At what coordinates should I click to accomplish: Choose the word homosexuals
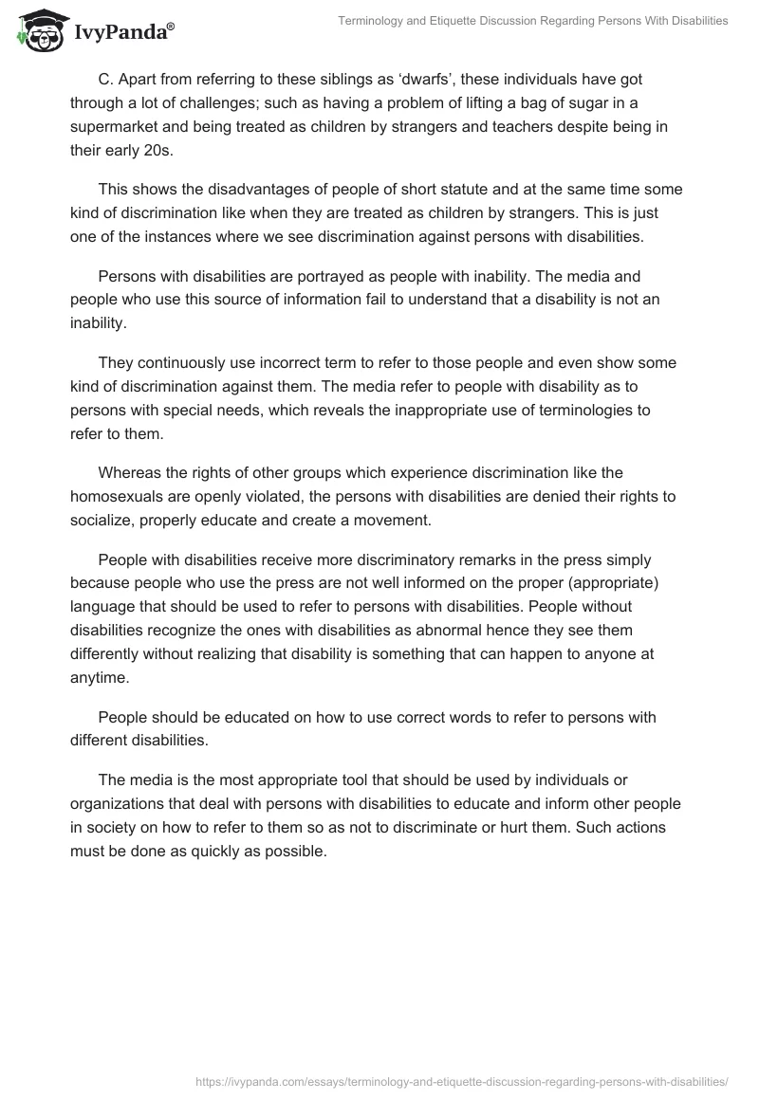[x=117, y=496]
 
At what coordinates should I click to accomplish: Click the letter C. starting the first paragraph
[x=104, y=79]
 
